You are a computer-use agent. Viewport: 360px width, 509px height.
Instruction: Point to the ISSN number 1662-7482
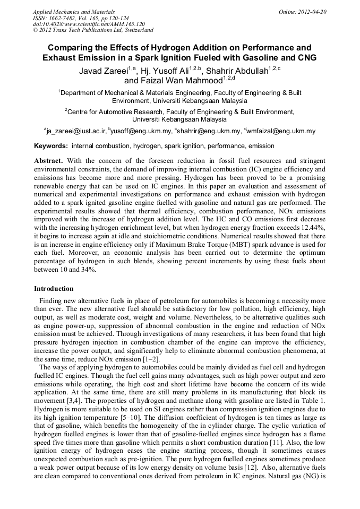(62, 18)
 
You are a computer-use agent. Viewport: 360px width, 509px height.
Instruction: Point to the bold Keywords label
(51, 146)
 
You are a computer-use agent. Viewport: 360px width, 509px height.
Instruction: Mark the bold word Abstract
(48, 160)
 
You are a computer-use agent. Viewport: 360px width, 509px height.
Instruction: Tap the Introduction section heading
(54, 289)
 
